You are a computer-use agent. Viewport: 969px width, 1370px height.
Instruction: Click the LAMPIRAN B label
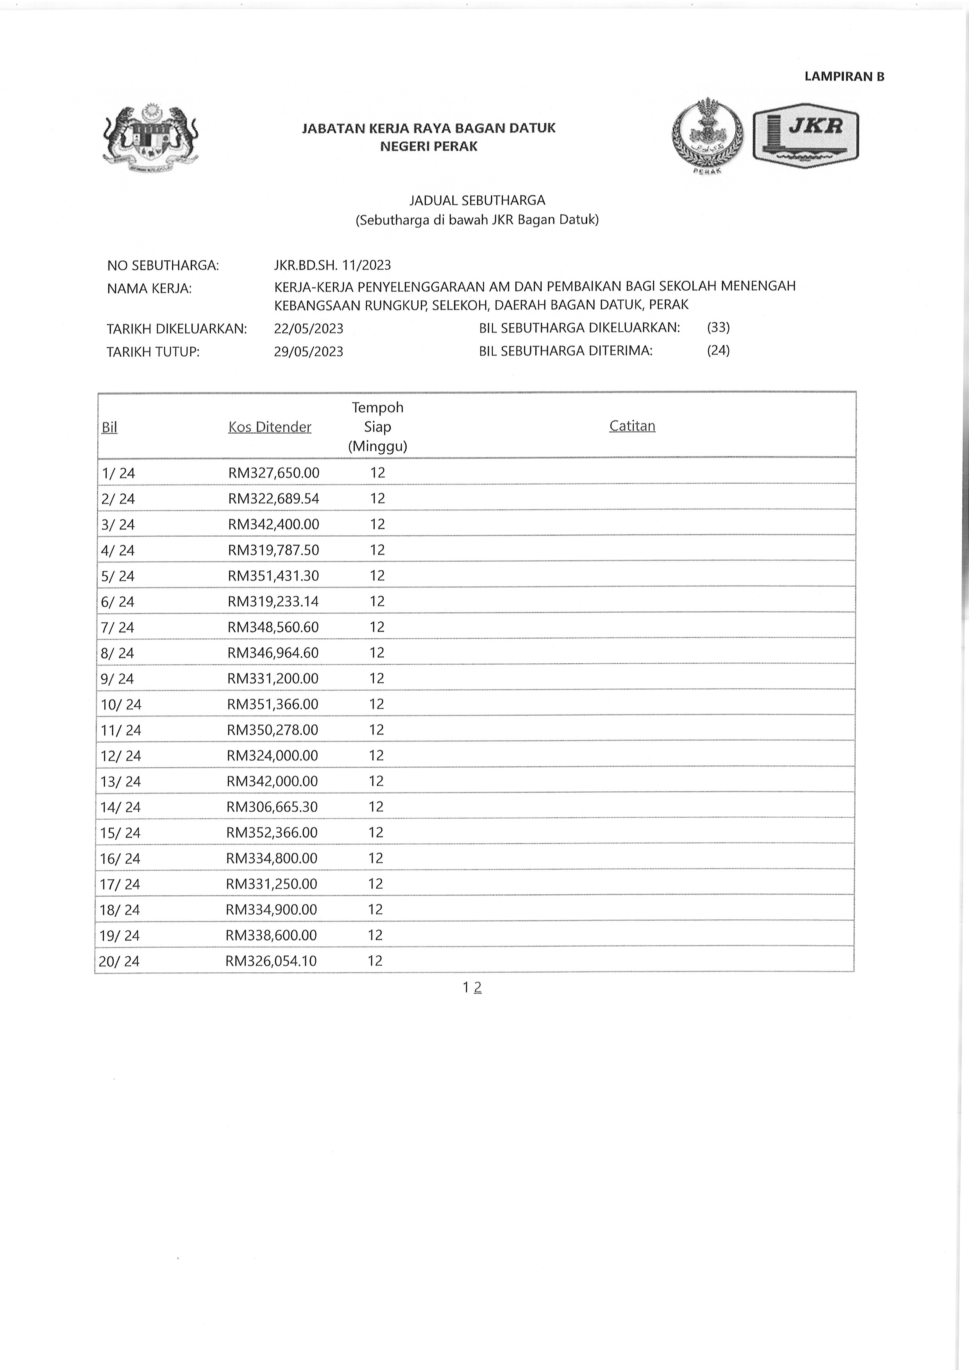844,77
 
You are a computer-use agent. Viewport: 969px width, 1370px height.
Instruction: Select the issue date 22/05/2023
309,329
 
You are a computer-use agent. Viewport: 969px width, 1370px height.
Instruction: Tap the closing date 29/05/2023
309,352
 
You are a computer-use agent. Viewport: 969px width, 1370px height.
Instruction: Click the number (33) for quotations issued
718,328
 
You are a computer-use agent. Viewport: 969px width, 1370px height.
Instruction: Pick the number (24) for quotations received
718,350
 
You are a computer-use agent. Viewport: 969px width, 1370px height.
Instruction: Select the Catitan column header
632,426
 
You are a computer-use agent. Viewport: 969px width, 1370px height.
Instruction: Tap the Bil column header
109,427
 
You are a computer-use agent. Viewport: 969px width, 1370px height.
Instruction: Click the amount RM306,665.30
272,807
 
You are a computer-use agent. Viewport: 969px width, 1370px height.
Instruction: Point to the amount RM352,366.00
272,832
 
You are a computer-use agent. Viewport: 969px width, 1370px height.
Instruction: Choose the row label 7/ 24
118,627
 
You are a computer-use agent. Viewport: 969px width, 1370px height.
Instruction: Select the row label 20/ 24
119,961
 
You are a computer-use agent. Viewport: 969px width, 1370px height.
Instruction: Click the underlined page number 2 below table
477,988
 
